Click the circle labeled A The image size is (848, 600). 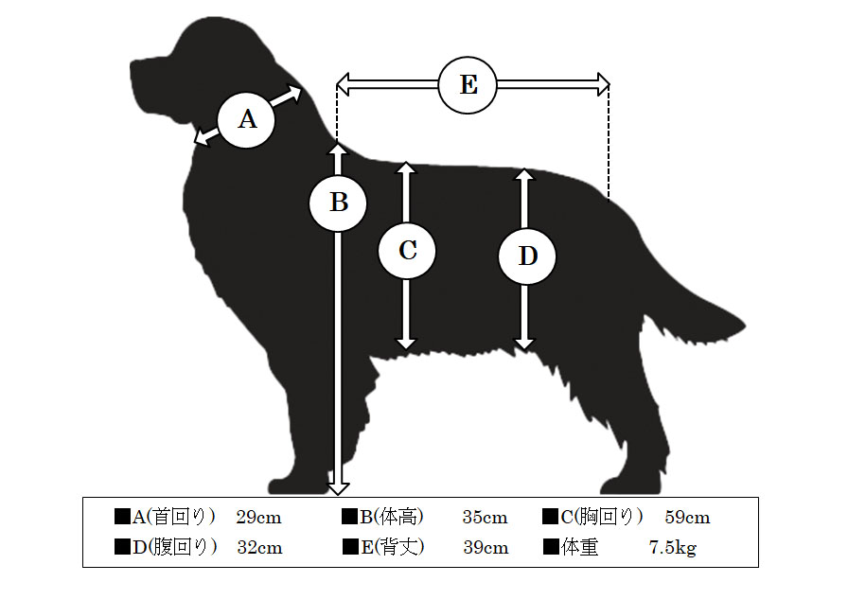click(246, 119)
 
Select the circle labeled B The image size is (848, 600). click(338, 203)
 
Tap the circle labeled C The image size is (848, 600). click(407, 251)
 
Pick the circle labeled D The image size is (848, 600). click(527, 256)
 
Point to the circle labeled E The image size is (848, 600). click(468, 85)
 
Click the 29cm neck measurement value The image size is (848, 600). click(259, 518)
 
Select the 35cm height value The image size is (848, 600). click(486, 518)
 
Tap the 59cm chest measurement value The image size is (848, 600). click(687, 518)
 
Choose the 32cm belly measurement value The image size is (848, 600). click(259, 548)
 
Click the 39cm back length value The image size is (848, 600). click(486, 548)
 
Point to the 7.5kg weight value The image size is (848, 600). click(673, 548)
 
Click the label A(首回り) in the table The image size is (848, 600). click(173, 517)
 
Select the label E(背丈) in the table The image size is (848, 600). click(393, 547)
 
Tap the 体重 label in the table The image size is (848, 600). click(580, 547)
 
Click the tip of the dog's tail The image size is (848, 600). click(745, 326)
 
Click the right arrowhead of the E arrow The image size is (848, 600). click(604, 84)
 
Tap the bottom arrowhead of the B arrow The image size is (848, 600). click(338, 488)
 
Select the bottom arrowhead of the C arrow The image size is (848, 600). click(406, 344)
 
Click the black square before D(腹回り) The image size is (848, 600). click(123, 547)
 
